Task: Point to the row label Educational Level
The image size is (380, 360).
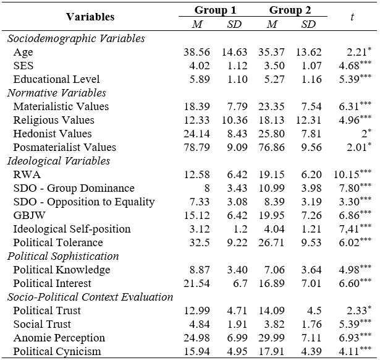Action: click(56, 79)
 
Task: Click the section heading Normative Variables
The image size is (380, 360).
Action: click(57, 93)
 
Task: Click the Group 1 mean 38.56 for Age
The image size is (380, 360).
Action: click(196, 52)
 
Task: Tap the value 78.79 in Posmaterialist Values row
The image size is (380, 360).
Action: click(196, 147)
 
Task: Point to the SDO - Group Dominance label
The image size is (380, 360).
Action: click(74, 188)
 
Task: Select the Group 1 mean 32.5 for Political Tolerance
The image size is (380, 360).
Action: click(199, 242)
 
